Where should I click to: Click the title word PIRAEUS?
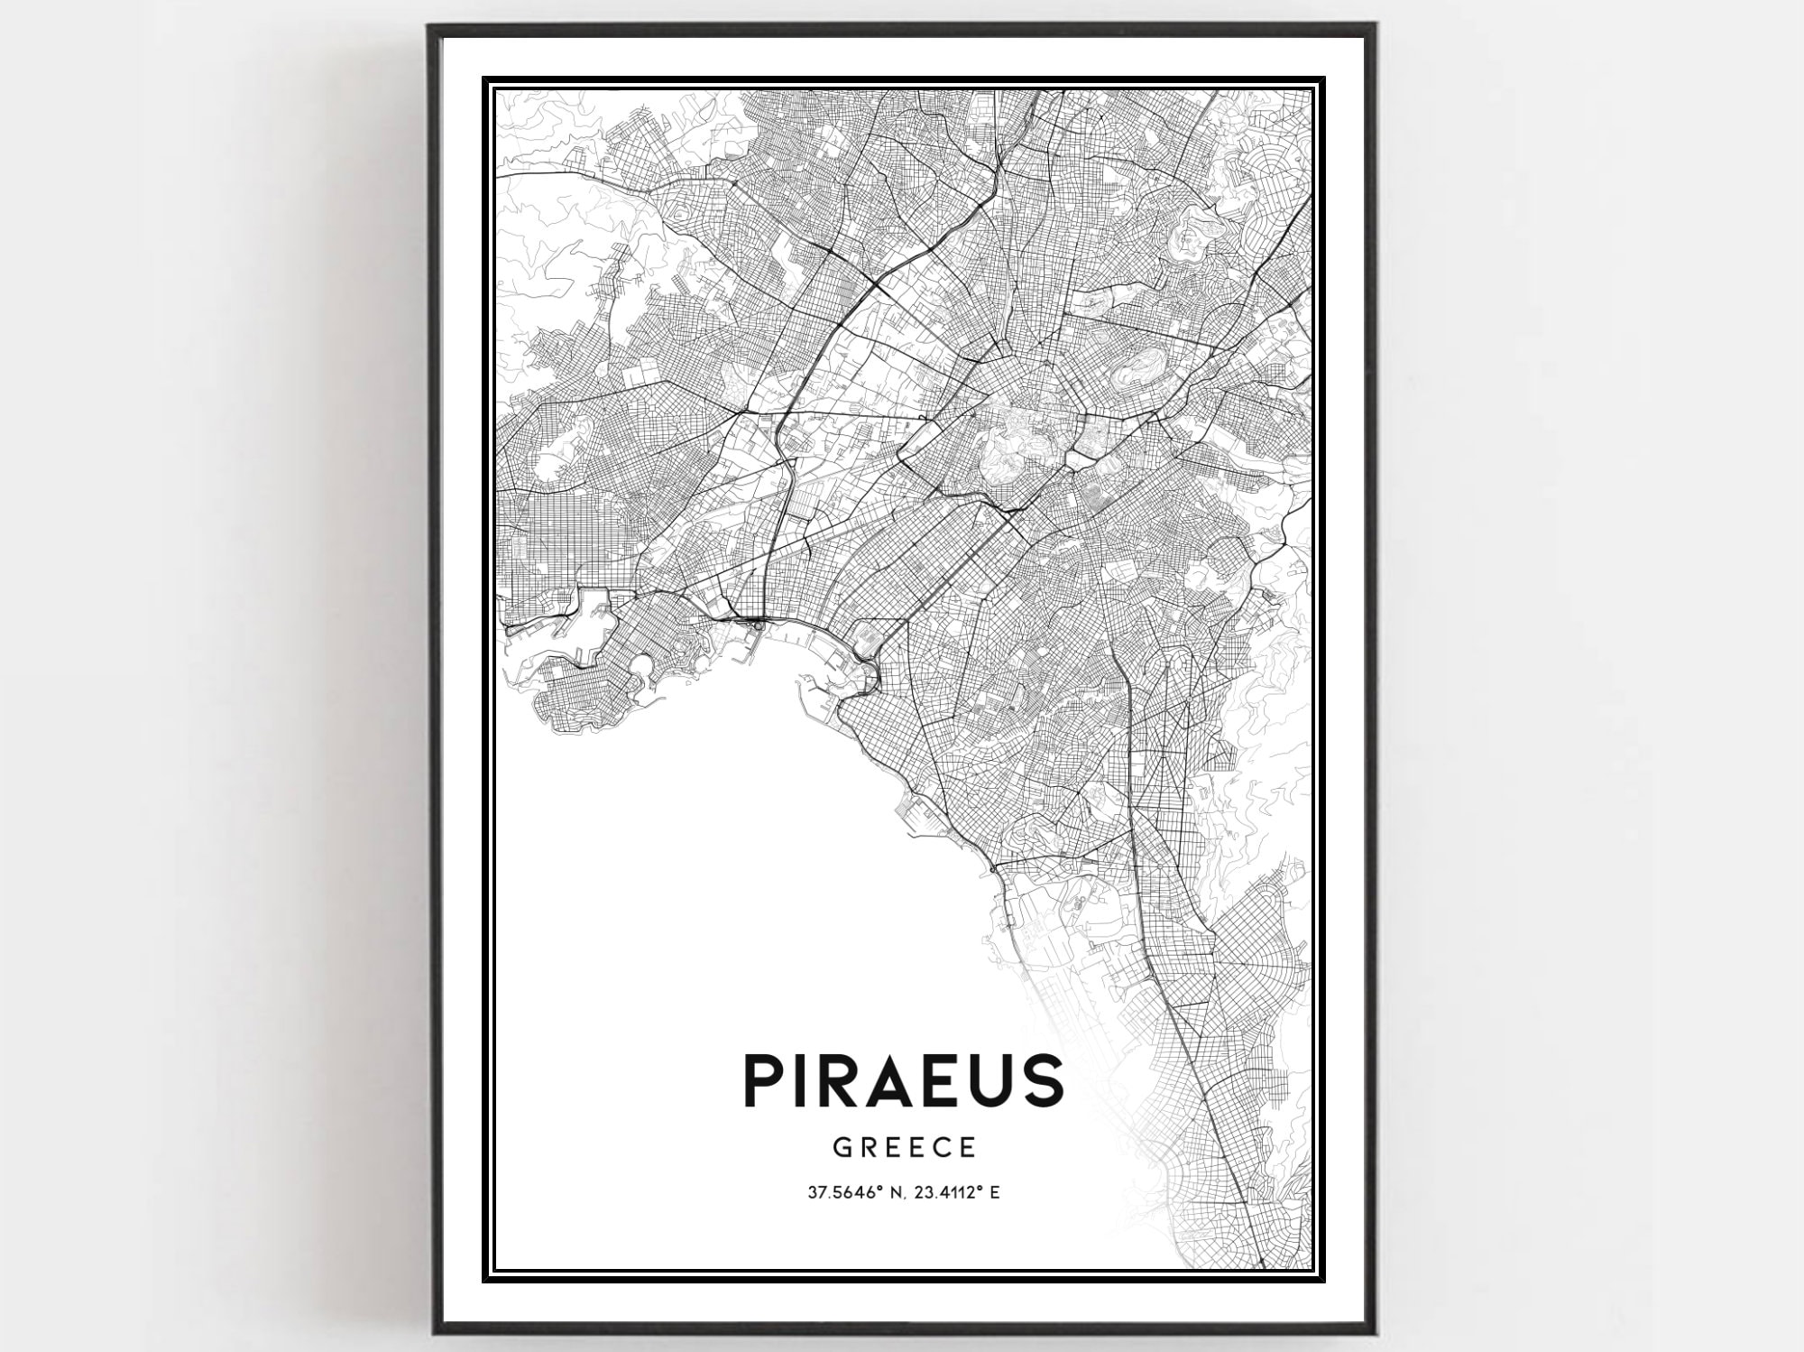click(904, 1080)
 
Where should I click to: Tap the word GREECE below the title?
click(905, 1147)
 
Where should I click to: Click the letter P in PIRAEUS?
click(762, 1080)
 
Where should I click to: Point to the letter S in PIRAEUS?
click(1042, 1080)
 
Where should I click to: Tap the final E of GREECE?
click(969, 1147)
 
